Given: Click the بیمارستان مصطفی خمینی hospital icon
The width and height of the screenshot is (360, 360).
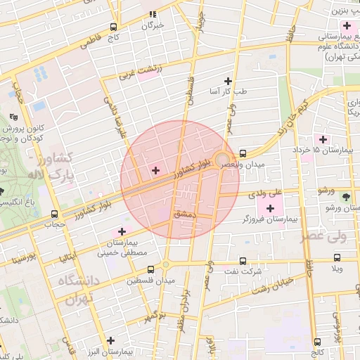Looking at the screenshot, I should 122,231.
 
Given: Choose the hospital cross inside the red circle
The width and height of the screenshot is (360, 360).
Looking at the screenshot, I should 155,170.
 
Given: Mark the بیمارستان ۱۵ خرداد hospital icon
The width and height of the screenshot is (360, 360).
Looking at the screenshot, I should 323,139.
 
